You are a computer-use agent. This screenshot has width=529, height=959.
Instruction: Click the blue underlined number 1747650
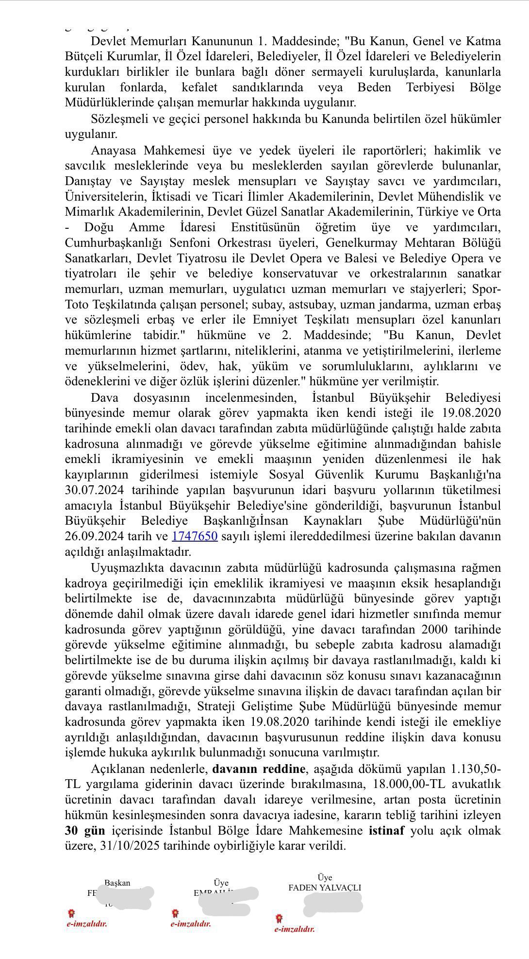pos(195,536)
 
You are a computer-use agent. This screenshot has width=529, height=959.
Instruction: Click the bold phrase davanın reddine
pos(259,769)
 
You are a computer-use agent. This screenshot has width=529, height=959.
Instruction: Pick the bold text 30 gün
pos(85,830)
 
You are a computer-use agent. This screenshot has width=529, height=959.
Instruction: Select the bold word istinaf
pos(386,830)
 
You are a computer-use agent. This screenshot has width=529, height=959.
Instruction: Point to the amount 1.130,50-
pos(476,769)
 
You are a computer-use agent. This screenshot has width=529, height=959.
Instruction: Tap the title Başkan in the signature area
pos(117,883)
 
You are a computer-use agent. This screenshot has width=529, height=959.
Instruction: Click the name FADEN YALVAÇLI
pos(325,887)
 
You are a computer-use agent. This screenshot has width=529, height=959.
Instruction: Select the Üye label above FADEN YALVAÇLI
pos(325,877)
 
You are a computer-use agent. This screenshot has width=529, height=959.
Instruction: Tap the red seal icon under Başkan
pos(72,913)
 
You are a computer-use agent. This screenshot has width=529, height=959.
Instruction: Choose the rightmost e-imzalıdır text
pos(295,929)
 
